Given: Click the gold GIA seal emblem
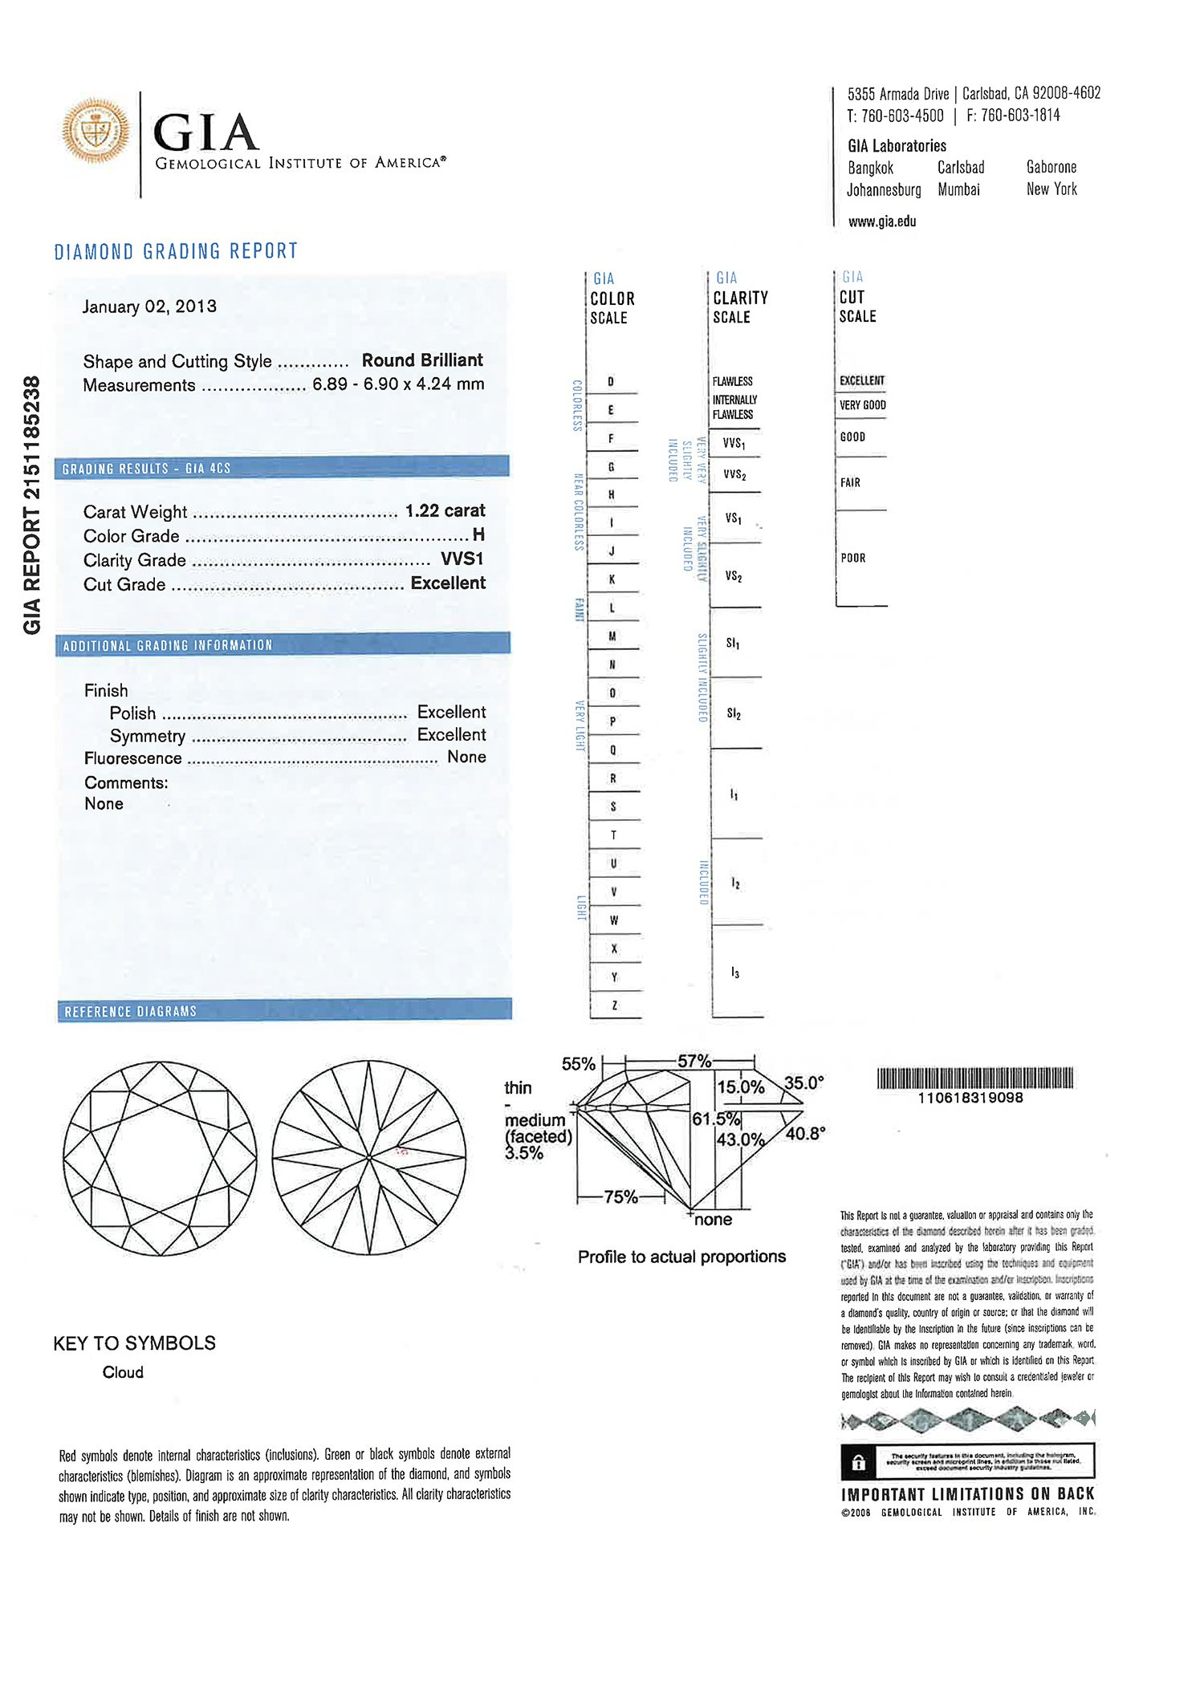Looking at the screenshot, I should (96, 131).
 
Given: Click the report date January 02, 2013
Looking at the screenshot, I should (149, 307).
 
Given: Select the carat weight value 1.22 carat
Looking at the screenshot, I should (445, 511).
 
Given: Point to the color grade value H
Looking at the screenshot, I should (478, 534).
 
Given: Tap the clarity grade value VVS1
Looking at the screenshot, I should (462, 559).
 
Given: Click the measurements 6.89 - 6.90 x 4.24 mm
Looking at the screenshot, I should (398, 384).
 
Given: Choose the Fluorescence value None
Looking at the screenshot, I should (466, 757).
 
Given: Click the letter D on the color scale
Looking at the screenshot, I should (611, 382).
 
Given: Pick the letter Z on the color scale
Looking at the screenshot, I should (614, 1005).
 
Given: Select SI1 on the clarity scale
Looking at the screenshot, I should (733, 644).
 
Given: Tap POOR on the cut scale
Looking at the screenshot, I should (853, 558).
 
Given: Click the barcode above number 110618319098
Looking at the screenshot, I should (974, 1078).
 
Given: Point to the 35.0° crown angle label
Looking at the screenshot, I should (803, 1083).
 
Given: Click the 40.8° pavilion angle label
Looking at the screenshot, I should (805, 1134).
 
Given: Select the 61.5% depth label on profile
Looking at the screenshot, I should (716, 1119).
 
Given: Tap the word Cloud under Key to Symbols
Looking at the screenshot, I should (123, 1372).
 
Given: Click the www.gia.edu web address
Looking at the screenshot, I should (881, 221).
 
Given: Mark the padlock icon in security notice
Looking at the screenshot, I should (858, 1463).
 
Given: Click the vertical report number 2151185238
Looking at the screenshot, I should (32, 506).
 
